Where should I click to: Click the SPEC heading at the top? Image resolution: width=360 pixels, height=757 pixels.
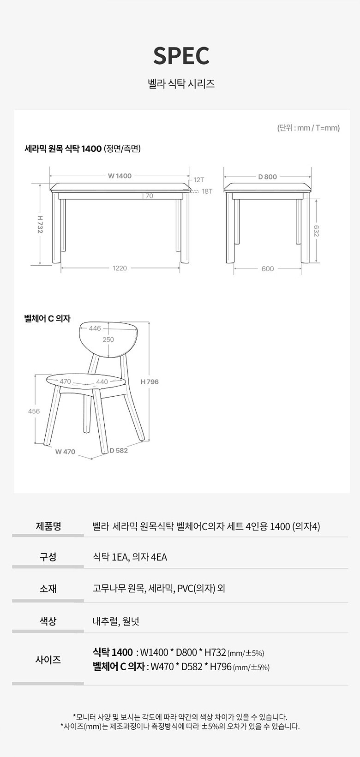click(x=181, y=56)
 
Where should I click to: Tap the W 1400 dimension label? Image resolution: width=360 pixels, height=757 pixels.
click(x=120, y=176)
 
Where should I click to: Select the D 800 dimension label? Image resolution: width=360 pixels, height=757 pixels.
click(x=267, y=177)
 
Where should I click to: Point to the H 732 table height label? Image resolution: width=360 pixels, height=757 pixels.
click(x=40, y=224)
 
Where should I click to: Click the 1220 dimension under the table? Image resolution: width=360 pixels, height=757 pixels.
click(x=120, y=268)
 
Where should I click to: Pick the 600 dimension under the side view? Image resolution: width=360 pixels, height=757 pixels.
click(x=268, y=269)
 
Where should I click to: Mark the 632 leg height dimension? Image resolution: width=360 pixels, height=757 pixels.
click(x=316, y=231)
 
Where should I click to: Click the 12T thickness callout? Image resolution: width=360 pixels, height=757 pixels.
click(x=199, y=180)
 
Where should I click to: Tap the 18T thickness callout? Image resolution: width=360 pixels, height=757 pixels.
click(x=207, y=191)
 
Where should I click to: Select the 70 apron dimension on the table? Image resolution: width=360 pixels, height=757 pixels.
click(x=149, y=196)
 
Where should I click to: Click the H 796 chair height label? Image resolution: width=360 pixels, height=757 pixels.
click(x=150, y=382)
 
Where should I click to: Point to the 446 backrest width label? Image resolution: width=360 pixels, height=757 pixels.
click(x=95, y=328)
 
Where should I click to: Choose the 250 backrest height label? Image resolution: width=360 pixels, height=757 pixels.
click(x=108, y=340)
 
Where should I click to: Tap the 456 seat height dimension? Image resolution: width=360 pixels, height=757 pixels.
click(x=34, y=411)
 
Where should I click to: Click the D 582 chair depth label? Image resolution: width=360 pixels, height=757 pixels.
click(x=119, y=451)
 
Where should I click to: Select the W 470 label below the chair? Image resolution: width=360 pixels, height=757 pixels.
click(x=65, y=452)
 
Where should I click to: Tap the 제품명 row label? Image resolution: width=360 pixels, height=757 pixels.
click(x=48, y=526)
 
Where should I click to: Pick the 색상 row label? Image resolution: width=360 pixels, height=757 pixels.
click(x=48, y=621)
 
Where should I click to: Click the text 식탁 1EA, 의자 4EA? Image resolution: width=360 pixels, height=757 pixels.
click(x=130, y=557)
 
